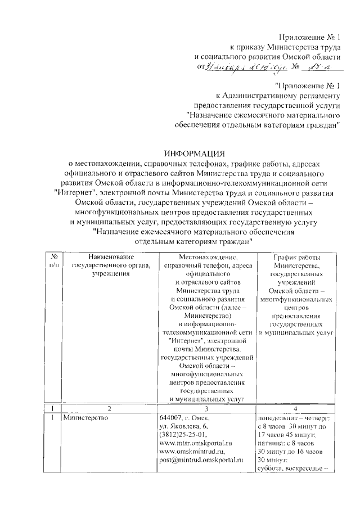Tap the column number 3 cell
tap(207, 408)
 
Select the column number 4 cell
tap(295, 408)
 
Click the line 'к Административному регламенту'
tap(279, 96)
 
